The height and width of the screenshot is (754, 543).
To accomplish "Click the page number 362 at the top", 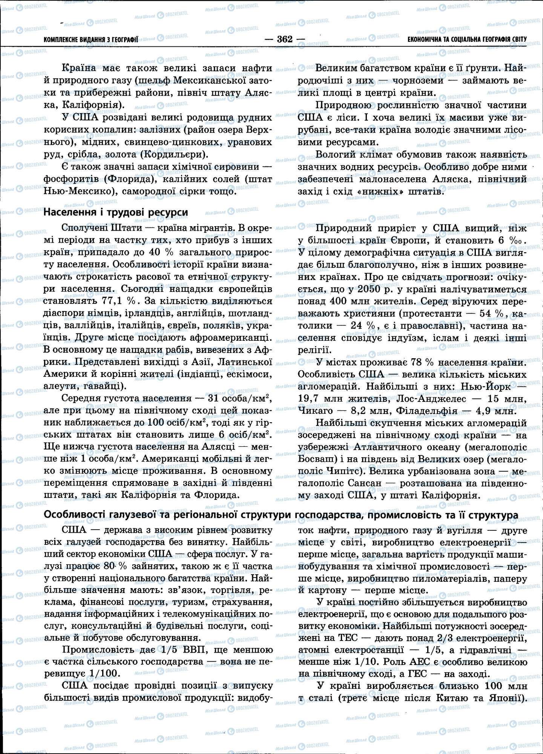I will (x=285, y=39).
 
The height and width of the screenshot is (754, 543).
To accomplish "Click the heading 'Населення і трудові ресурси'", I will (x=116, y=212).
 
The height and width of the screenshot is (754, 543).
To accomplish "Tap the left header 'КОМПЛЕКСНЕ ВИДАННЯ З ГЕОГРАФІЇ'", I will (x=91, y=39).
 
